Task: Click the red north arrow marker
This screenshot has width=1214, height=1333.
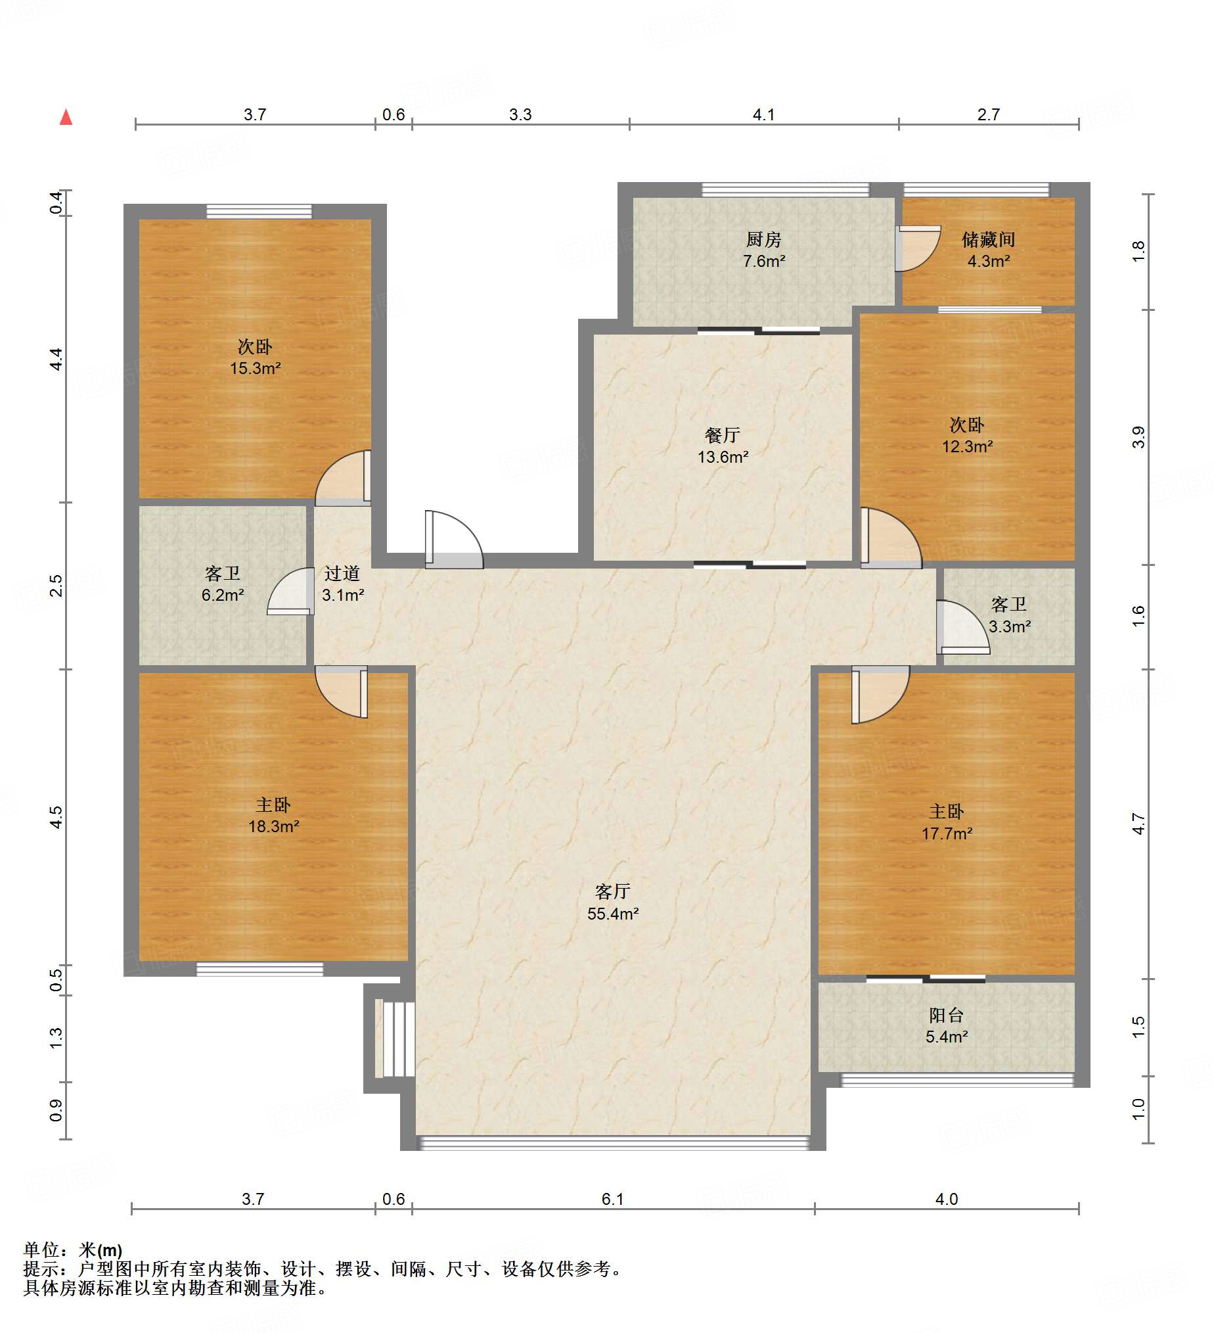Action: click(66, 118)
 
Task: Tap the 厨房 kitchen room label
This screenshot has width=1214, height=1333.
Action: click(763, 249)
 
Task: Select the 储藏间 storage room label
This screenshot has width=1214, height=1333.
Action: click(988, 249)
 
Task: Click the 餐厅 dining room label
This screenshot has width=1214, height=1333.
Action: click(723, 445)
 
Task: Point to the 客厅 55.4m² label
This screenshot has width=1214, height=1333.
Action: click(613, 902)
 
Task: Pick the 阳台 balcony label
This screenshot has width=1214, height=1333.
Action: click(947, 1025)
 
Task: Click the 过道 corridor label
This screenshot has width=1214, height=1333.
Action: click(342, 583)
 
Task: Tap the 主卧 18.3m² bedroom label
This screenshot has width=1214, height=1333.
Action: click(273, 814)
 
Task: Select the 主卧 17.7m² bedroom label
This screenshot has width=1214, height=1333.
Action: click(947, 822)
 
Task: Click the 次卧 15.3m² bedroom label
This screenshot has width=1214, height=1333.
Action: click(255, 356)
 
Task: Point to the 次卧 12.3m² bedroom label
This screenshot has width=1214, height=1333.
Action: click(967, 434)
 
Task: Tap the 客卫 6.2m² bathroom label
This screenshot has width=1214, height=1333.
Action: click(223, 583)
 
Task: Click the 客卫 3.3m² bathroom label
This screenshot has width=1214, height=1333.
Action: click(1009, 615)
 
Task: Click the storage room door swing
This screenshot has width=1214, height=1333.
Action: click(918, 248)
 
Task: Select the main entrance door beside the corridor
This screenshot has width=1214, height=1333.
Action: click(454, 539)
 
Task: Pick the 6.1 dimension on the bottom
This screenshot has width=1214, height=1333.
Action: click(613, 1199)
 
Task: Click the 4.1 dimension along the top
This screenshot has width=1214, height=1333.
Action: click(763, 114)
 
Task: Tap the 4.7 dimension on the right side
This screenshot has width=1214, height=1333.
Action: click(1138, 824)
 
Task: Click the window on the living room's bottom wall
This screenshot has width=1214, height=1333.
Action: click(614, 1143)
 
